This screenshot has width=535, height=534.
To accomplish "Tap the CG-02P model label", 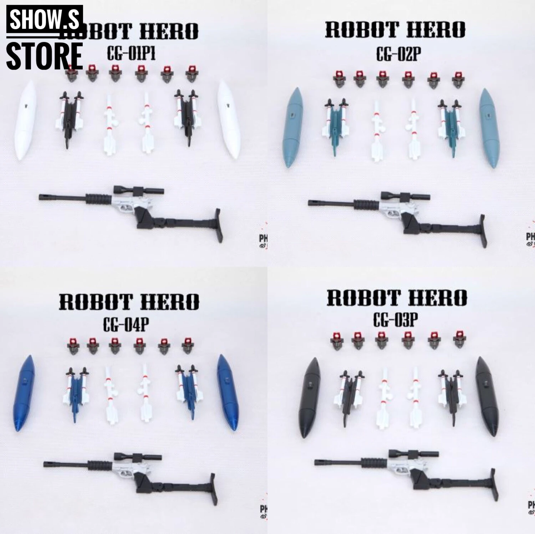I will click(x=398, y=55).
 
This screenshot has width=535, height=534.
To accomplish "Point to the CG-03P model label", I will click(x=396, y=320).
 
